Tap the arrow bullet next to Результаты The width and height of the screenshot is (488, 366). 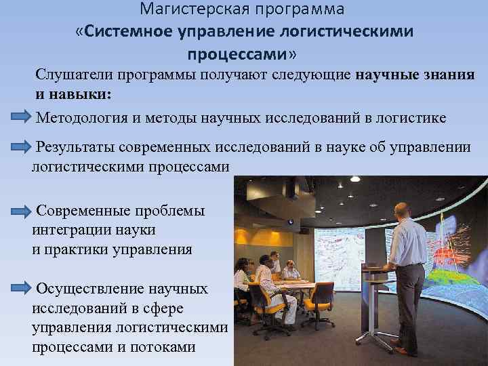pyautogui.click(x=20, y=145)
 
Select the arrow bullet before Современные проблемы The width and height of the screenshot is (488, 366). pyautogui.click(x=20, y=210)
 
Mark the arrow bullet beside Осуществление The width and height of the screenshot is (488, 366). pyautogui.click(x=20, y=289)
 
